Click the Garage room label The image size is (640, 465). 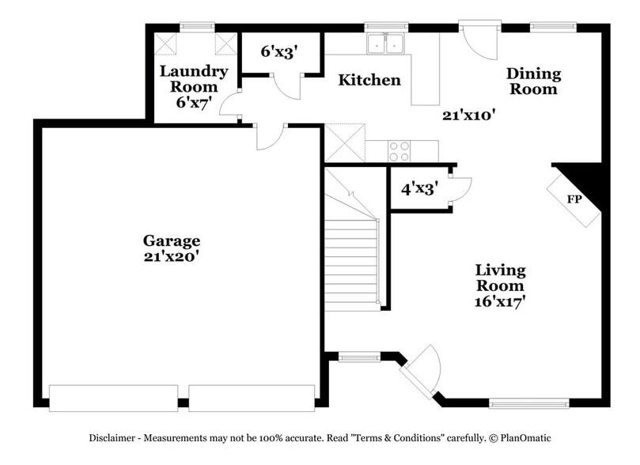(x=171, y=240)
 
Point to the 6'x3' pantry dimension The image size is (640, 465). (x=279, y=51)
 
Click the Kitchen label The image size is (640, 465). (x=369, y=80)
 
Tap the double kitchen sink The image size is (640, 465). (x=386, y=43)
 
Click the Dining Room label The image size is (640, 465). (x=533, y=81)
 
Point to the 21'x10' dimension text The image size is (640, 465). (x=468, y=115)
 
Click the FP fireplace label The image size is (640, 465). (x=574, y=199)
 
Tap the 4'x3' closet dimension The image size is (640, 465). (x=418, y=190)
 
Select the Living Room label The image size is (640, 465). (x=500, y=278)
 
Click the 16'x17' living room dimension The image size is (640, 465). (x=500, y=301)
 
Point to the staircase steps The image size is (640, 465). (x=353, y=261)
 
